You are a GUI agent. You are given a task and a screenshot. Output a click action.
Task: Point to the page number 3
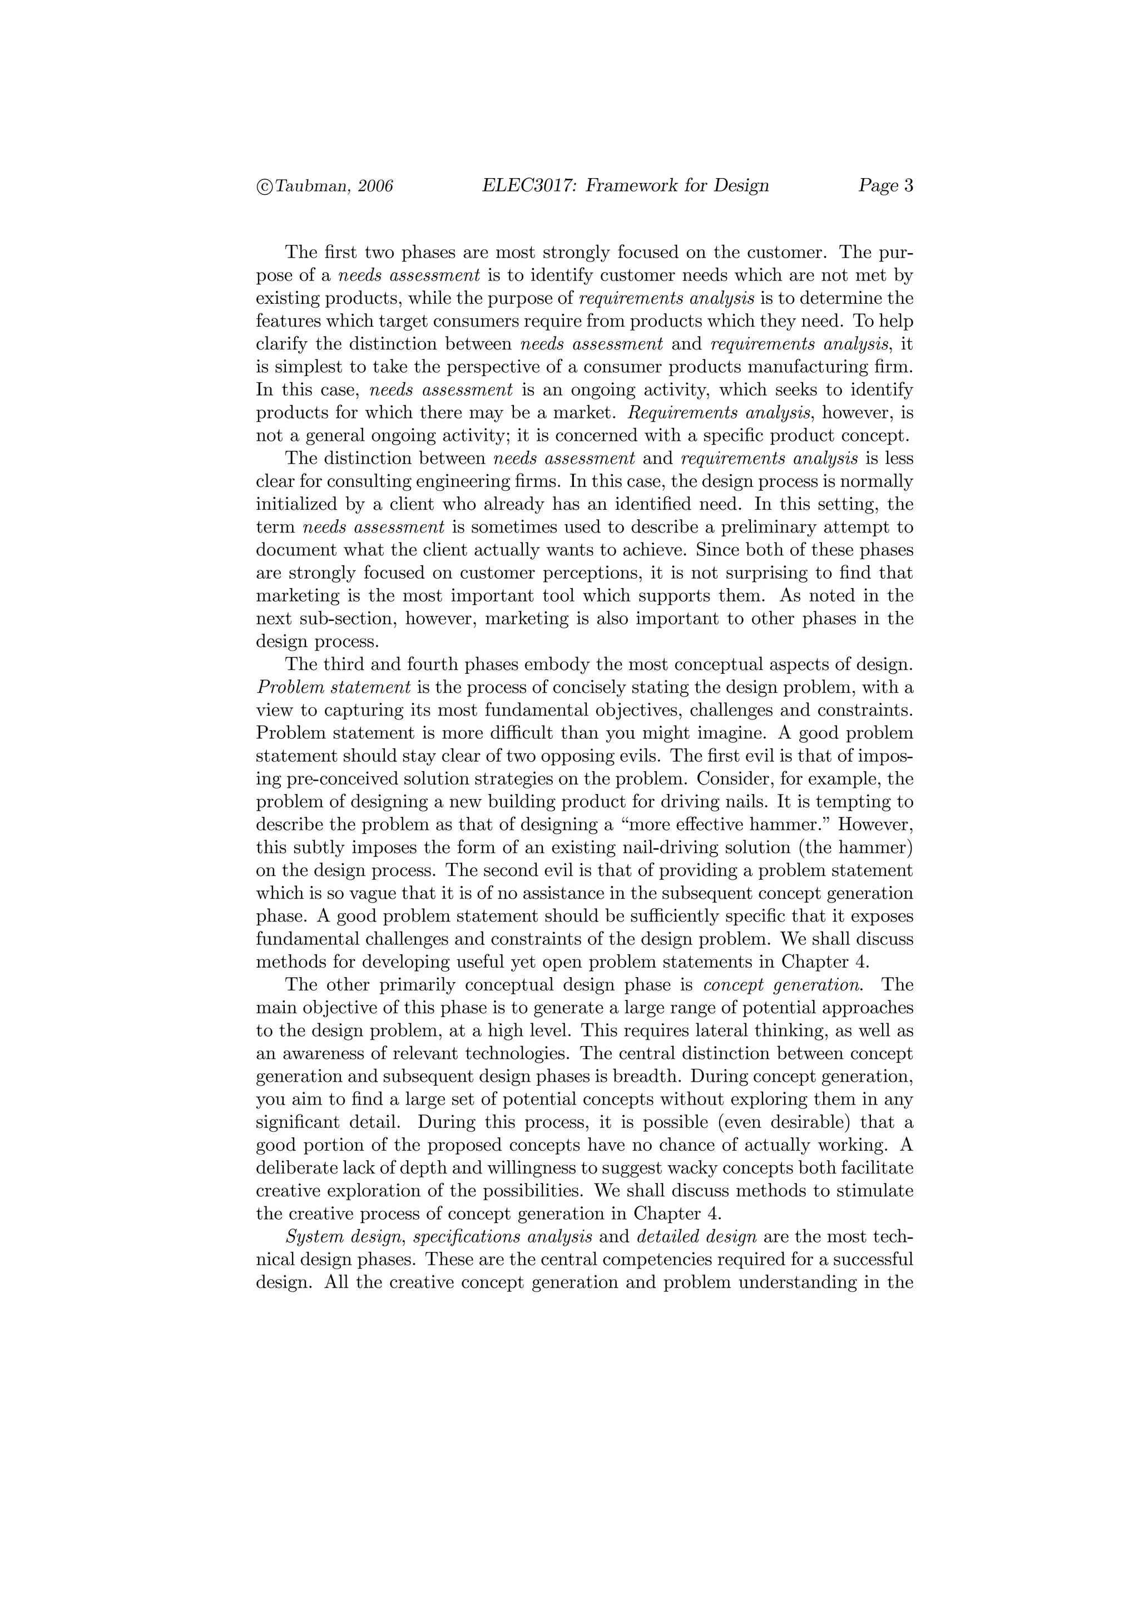pyautogui.click(x=909, y=186)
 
